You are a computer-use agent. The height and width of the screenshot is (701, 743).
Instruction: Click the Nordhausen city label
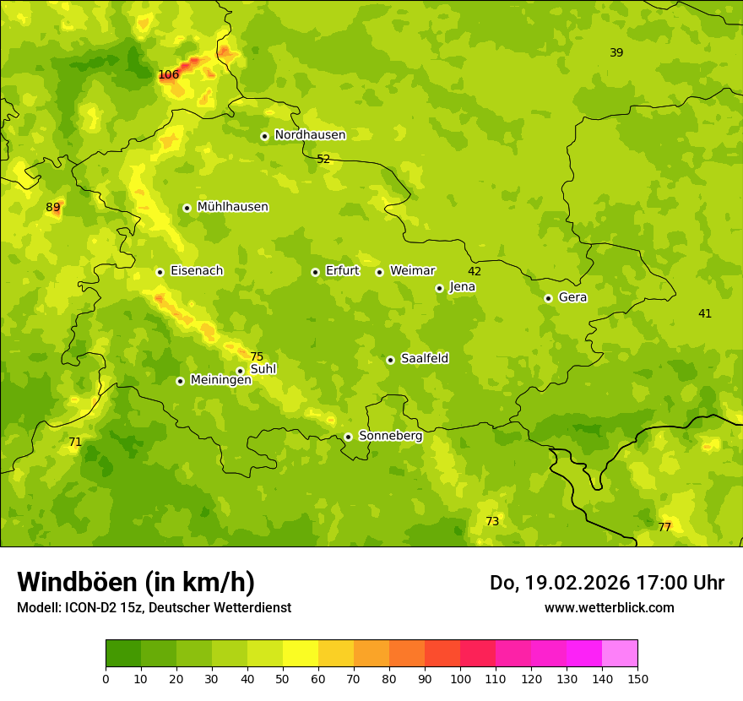coord(310,135)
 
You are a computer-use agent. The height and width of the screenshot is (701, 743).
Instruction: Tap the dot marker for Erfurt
coord(315,272)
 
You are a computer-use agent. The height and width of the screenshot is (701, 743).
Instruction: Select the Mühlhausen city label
coord(232,207)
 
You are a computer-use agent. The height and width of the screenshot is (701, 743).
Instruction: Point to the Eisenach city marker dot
coord(160,272)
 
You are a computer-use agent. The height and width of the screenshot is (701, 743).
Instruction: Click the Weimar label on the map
coord(412,271)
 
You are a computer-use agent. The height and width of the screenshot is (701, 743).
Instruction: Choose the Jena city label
coord(462,287)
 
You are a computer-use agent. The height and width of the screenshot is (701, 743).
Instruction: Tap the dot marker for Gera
coord(548,298)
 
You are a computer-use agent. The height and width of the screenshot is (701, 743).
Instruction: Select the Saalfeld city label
coord(425,359)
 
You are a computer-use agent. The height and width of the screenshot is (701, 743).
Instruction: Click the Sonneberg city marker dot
coord(348,437)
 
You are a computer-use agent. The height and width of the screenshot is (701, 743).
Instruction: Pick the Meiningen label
coord(220,380)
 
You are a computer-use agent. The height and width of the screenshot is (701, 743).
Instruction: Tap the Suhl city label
coord(263,370)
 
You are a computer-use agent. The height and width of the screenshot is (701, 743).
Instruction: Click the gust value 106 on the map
coord(169,75)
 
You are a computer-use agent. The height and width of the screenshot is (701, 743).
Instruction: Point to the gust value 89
coord(53,208)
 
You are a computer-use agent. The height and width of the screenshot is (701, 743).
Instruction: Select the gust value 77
coord(664,528)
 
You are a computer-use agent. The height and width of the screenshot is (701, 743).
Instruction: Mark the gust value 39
coord(616,53)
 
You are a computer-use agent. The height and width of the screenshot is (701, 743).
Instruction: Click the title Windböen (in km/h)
coord(136,582)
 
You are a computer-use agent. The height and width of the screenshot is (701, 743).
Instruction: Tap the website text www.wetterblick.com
coord(609,607)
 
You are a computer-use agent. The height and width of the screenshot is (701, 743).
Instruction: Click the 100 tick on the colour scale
coord(460,678)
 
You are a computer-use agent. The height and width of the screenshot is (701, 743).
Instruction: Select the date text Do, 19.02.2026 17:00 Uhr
coord(606,583)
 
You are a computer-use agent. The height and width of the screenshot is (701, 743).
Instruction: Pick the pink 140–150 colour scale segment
coord(620,654)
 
